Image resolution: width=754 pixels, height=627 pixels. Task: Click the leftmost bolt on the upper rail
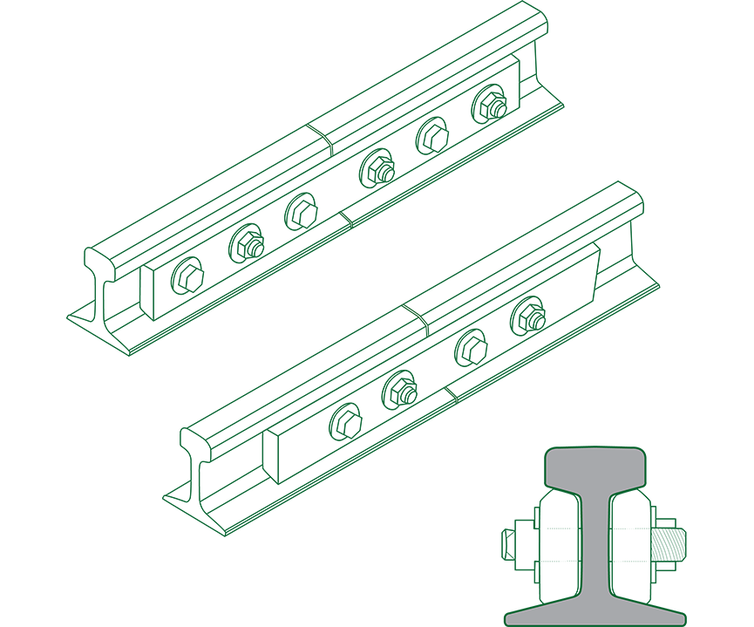pos(188,277)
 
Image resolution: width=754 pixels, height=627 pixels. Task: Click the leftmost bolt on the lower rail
pos(345,422)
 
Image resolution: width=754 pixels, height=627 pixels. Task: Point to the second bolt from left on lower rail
pos(401,387)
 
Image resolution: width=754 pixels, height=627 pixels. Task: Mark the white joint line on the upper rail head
pos(321,141)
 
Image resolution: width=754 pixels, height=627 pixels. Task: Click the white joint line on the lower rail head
pos(418,321)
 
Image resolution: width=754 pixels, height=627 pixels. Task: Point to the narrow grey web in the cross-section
pos(598,541)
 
